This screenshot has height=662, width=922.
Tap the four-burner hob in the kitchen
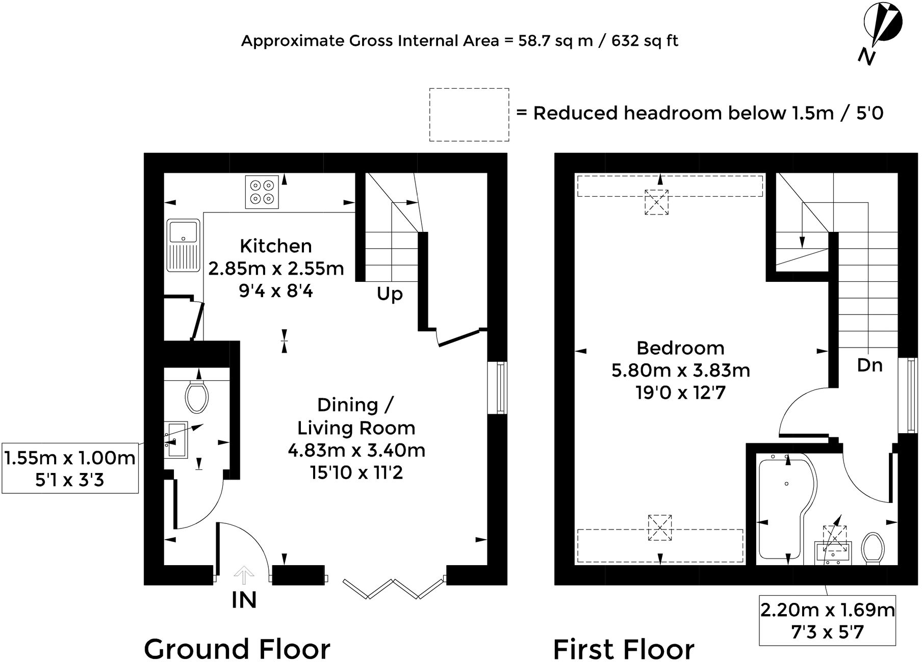(262, 192)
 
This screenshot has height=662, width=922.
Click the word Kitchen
(276, 246)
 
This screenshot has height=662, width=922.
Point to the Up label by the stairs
(390, 294)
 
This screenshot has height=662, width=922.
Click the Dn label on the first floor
(869, 365)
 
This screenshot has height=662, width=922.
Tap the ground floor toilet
(197, 395)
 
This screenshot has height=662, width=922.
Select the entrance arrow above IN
(244, 574)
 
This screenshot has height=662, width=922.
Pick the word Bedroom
(681, 348)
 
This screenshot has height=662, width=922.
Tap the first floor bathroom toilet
(873, 548)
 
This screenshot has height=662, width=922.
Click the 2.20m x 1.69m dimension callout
(827, 620)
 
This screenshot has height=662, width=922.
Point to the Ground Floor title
(237, 649)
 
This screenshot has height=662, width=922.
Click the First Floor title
(624, 649)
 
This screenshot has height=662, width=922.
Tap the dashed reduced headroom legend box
(469, 115)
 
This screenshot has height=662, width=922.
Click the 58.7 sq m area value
(556, 41)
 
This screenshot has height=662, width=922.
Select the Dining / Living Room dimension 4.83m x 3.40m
(356, 450)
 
